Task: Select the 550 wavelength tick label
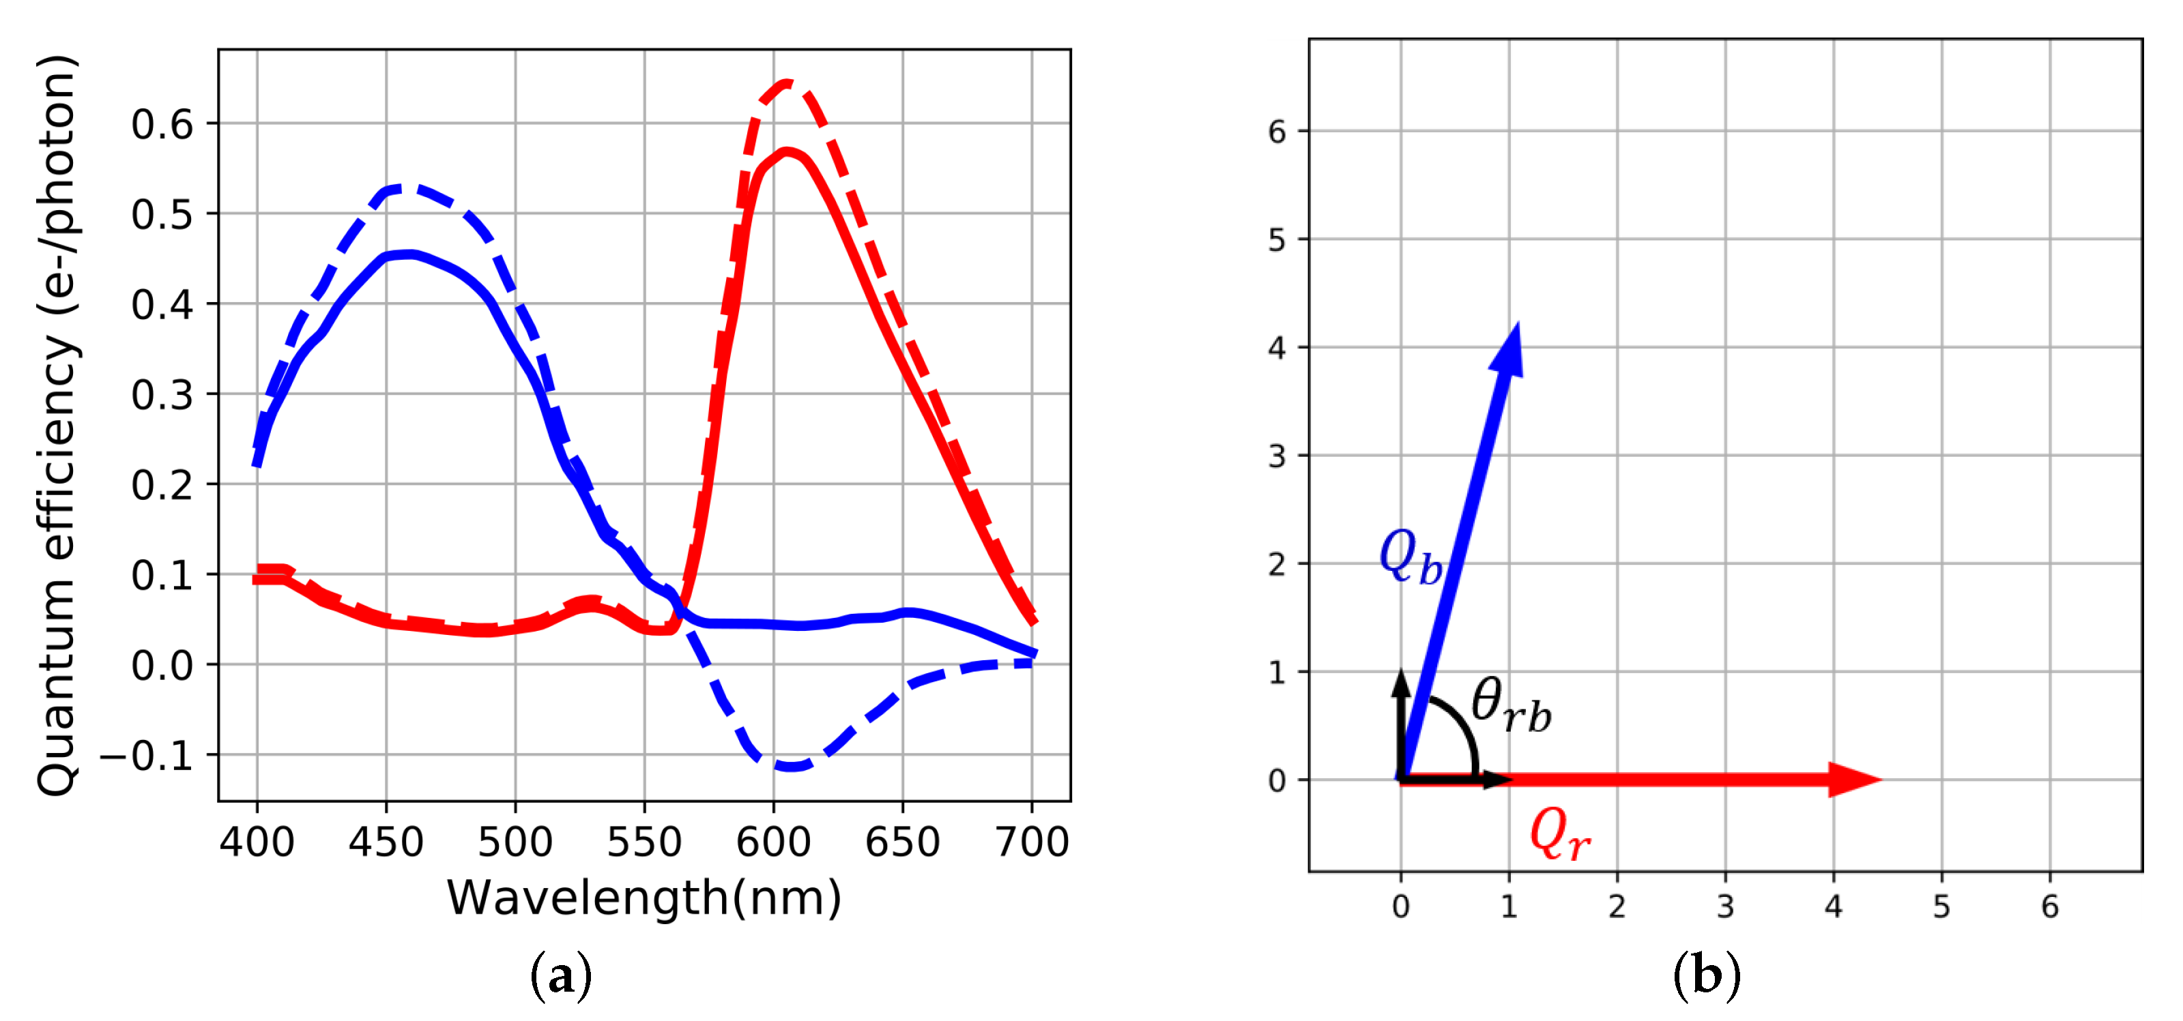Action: click(644, 842)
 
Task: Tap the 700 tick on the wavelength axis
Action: click(1031, 842)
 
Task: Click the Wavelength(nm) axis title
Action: click(644, 898)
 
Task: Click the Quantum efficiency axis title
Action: click(57, 424)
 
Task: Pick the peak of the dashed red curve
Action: click(786, 83)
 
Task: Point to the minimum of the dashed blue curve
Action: click(791, 767)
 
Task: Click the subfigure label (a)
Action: click(560, 977)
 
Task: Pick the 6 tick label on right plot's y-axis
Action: click(1276, 132)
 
